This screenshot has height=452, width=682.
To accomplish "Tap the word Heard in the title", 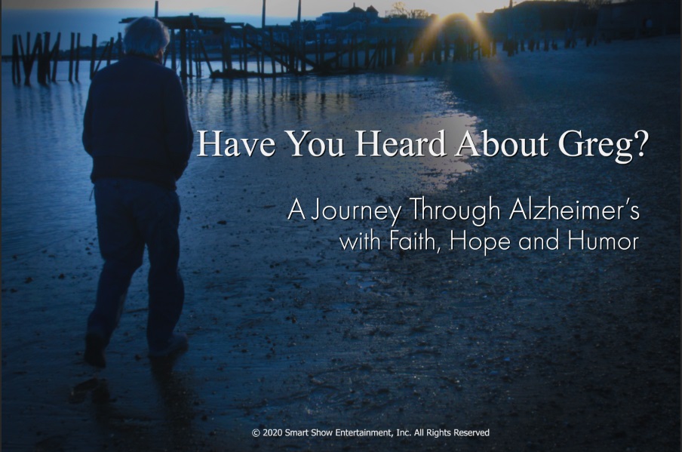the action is pos(401,144).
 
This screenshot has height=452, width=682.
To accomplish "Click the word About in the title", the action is pos(502,144).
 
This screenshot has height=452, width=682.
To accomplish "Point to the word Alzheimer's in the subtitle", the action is pos(574,209).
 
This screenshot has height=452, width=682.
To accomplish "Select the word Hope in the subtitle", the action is pos(480,241).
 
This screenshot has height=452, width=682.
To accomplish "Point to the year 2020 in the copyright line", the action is pos(272,433).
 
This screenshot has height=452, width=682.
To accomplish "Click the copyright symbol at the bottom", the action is pos(256,433).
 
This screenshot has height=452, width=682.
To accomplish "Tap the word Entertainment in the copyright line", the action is pos(368,433).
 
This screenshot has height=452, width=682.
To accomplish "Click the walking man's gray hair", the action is pos(146,35).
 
